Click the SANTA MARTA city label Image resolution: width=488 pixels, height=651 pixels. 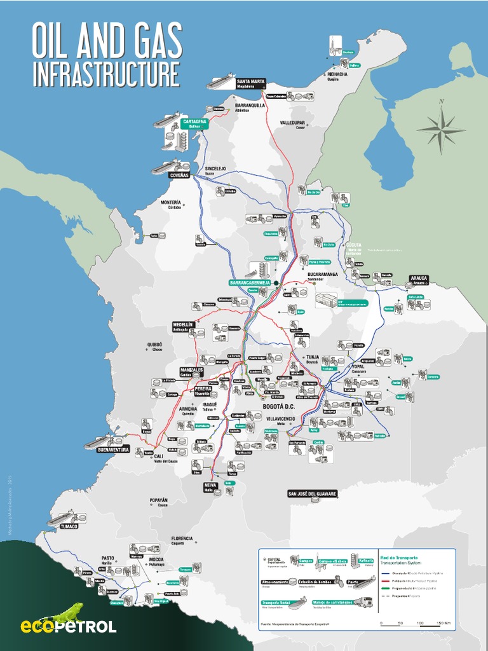250,82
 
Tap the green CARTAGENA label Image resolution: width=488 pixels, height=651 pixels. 194,121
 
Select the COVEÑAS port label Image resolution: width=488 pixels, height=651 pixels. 179,175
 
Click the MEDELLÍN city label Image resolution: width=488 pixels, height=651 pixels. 182,325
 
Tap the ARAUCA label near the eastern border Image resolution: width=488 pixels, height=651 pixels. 419,278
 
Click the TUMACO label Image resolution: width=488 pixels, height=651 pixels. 69,526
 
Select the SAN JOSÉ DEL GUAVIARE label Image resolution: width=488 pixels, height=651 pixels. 312,494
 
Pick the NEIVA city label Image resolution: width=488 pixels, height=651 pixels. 210,486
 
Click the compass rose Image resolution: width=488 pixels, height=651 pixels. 441,128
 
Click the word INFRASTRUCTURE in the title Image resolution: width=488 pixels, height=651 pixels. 106,74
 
